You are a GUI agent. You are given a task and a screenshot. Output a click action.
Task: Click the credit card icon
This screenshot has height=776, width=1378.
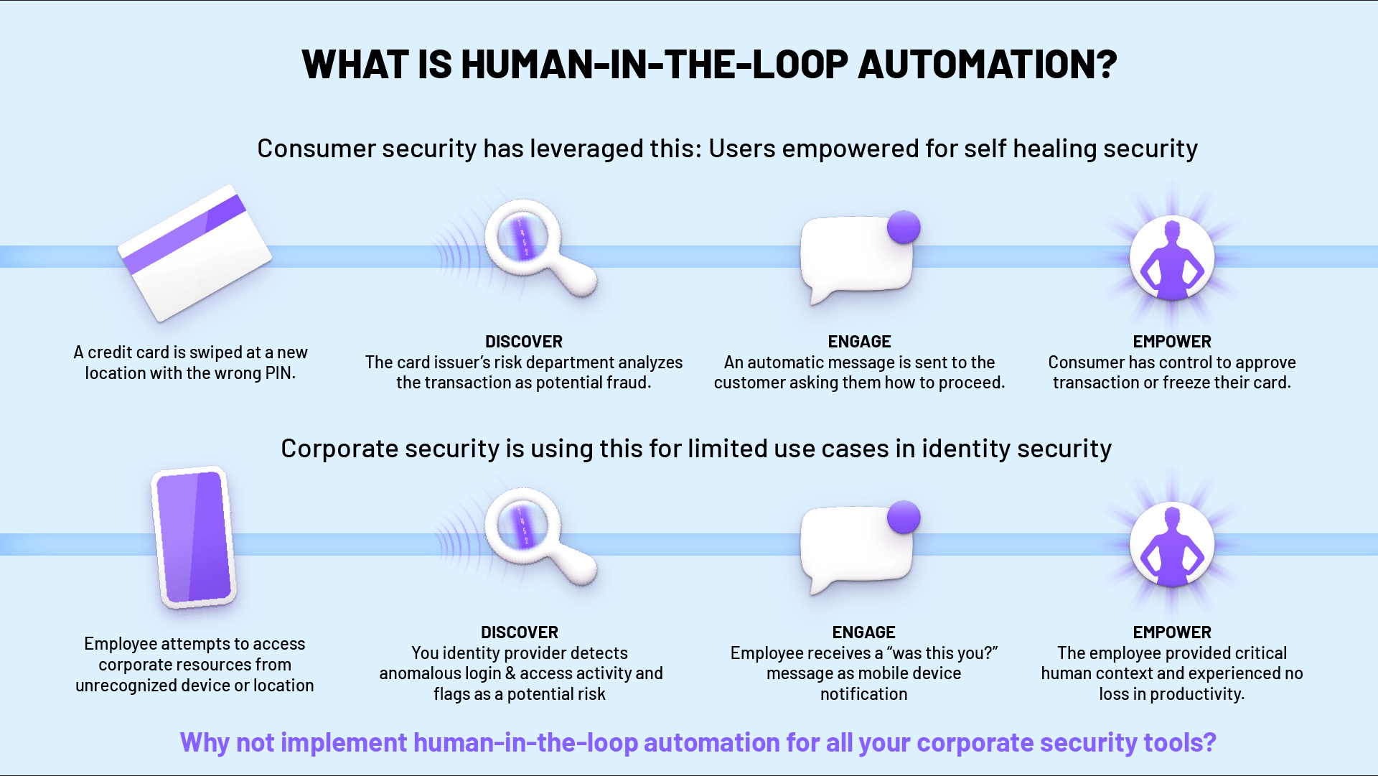click(194, 253)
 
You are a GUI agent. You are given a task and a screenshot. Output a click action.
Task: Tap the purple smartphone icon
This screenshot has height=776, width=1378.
click(194, 537)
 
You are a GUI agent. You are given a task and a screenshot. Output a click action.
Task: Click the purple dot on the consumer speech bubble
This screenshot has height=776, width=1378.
click(904, 228)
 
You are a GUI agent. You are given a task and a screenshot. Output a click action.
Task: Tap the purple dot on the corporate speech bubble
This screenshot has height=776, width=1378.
click(904, 518)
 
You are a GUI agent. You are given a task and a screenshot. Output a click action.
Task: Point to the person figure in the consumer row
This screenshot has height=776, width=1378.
click(1172, 258)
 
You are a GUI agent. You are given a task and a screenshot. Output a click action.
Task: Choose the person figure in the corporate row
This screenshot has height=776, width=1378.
click(1172, 545)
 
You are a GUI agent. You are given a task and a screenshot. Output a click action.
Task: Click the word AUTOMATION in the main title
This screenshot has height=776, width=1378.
click(987, 65)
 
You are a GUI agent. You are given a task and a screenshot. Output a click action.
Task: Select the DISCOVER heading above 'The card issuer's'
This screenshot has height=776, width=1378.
click(524, 342)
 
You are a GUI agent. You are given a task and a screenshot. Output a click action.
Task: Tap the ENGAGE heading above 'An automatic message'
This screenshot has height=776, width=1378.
click(859, 342)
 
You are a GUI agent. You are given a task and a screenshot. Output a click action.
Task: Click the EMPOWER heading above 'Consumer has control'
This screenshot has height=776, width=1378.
click(1172, 342)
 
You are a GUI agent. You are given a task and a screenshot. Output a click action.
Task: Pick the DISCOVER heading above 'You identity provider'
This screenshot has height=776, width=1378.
click(520, 632)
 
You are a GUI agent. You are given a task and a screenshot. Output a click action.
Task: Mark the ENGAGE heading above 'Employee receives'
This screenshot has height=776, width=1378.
click(863, 632)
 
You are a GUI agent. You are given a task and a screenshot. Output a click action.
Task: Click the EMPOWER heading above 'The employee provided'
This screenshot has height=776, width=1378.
click(1172, 632)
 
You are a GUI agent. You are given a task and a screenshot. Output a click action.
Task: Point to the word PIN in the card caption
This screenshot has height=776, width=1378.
click(279, 373)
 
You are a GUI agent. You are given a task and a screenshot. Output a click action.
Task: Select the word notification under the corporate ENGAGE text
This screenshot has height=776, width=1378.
click(863, 694)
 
